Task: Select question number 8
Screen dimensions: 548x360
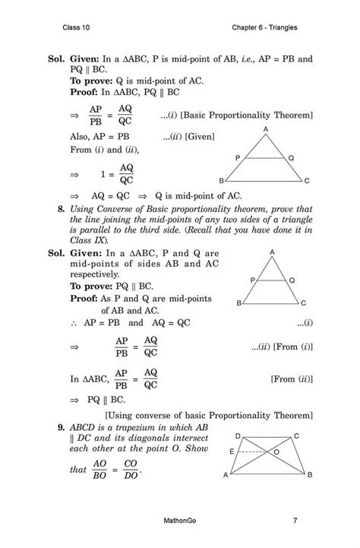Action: click(51, 207)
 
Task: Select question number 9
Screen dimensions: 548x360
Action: click(51, 428)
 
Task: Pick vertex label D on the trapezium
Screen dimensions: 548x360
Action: click(238, 435)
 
